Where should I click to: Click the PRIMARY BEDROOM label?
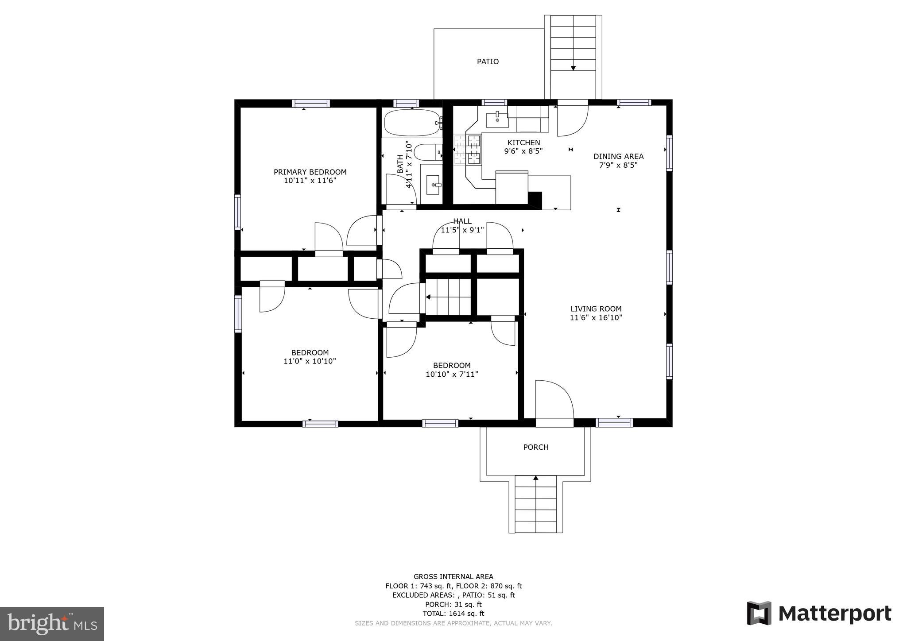(x=310, y=172)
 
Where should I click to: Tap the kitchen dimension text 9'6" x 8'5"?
(x=523, y=151)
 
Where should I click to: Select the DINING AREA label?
(x=618, y=156)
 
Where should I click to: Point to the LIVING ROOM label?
(x=596, y=309)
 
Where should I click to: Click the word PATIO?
(x=488, y=62)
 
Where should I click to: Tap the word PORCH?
(x=535, y=447)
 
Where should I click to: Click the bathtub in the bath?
(x=411, y=123)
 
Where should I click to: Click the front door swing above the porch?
(x=554, y=401)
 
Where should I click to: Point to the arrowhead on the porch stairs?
(x=536, y=478)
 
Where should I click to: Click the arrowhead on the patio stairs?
(x=573, y=68)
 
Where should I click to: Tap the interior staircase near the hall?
(x=448, y=297)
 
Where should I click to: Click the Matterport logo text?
(x=834, y=614)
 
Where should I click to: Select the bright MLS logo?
(x=52, y=624)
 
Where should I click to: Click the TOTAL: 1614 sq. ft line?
(x=453, y=614)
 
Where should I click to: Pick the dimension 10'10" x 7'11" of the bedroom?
(x=452, y=374)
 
